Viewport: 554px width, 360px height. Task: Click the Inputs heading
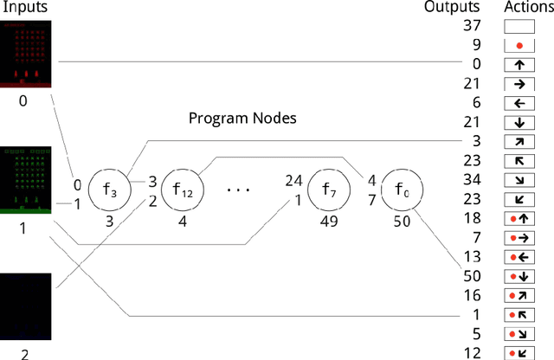point(24,7)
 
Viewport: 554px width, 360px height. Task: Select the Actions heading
point(525,7)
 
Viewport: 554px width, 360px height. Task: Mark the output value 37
point(472,26)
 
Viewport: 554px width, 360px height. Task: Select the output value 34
point(472,179)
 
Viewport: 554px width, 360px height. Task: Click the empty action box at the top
point(519,26)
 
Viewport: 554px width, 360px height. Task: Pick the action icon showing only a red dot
point(519,45)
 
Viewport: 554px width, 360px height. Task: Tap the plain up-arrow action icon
point(519,64)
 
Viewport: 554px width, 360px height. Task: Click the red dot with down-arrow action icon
point(519,275)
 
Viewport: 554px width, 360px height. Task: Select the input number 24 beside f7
point(293,181)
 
